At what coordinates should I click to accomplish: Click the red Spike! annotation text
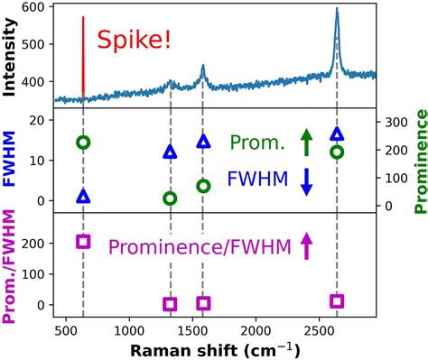(x=146, y=41)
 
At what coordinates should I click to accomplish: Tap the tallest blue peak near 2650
(x=337, y=12)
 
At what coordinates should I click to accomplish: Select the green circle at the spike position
(x=83, y=143)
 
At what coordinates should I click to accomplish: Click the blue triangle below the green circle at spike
(x=83, y=196)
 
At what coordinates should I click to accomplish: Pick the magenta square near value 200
(x=83, y=241)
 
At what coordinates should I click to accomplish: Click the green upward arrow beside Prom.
(x=306, y=142)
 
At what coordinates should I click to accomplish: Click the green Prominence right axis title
(x=419, y=162)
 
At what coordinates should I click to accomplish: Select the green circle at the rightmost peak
(x=337, y=152)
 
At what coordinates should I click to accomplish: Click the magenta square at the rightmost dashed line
(x=337, y=301)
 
